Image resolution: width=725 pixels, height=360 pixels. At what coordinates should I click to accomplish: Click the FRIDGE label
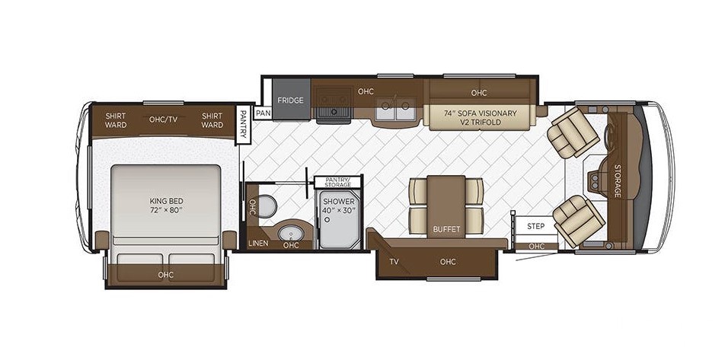coord(290,100)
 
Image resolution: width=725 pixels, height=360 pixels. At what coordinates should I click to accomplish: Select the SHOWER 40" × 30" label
coord(339,205)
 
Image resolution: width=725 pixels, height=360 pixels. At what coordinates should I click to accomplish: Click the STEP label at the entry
coord(536,227)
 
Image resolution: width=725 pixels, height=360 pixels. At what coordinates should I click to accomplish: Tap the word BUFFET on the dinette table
coord(446,229)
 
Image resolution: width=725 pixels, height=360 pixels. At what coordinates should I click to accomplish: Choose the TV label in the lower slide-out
coord(394,262)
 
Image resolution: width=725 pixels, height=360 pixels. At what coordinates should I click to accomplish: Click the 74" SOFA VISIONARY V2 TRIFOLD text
coord(480,117)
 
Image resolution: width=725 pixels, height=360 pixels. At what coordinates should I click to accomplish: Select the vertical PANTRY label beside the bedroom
coord(243,124)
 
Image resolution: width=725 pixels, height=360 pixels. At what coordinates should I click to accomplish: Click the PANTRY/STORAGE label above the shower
coord(337,182)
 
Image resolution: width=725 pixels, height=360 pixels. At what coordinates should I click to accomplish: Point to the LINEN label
coord(258,243)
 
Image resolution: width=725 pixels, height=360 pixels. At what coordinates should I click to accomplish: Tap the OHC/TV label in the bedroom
coord(163,119)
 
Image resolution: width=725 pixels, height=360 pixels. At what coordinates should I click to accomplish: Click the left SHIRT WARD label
coord(116,120)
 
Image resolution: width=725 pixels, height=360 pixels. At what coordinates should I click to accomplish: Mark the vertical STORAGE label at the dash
coord(617,180)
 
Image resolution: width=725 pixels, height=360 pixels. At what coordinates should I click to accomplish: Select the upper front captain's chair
coord(573,132)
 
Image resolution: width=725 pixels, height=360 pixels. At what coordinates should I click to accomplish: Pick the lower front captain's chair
coord(579,221)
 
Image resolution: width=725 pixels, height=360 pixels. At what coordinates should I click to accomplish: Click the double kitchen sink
coord(394,110)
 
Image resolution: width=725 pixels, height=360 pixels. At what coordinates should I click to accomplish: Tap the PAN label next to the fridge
coord(262,113)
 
